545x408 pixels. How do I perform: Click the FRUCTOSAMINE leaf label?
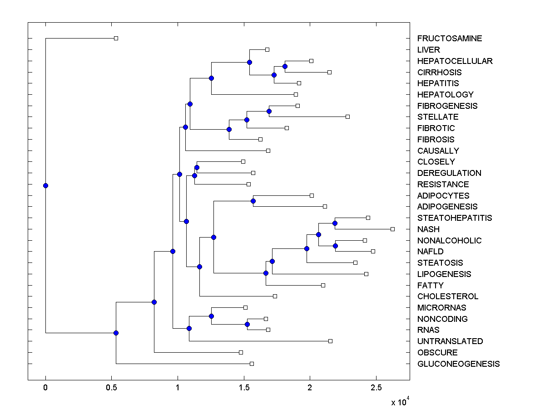pos(450,39)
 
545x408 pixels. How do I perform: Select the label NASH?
pos(428,229)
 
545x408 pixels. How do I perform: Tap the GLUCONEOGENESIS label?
pos(458,364)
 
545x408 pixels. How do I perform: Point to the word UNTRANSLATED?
pos(450,341)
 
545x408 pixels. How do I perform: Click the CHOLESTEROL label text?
pos(448,296)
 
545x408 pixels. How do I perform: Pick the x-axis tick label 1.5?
pos(244,388)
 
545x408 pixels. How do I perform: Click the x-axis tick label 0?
pos(45,388)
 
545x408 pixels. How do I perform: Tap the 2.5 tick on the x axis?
pos(376,388)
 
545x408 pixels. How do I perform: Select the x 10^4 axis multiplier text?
pos(400,402)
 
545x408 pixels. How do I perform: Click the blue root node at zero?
pos(45,185)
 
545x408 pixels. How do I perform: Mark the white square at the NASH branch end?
pos(393,229)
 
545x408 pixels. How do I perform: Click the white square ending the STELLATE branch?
pos(348,117)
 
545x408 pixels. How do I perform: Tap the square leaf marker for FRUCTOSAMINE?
pos(116,38)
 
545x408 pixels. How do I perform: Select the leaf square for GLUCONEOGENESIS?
pos(252,364)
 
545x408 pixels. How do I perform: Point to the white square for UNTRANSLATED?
pos(330,341)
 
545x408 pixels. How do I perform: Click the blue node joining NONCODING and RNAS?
pos(248,324)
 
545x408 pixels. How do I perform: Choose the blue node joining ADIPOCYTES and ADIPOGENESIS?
pos(253,201)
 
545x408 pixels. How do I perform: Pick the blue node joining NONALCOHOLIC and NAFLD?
pos(336,246)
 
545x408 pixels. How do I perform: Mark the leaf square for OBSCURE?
pos(241,352)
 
